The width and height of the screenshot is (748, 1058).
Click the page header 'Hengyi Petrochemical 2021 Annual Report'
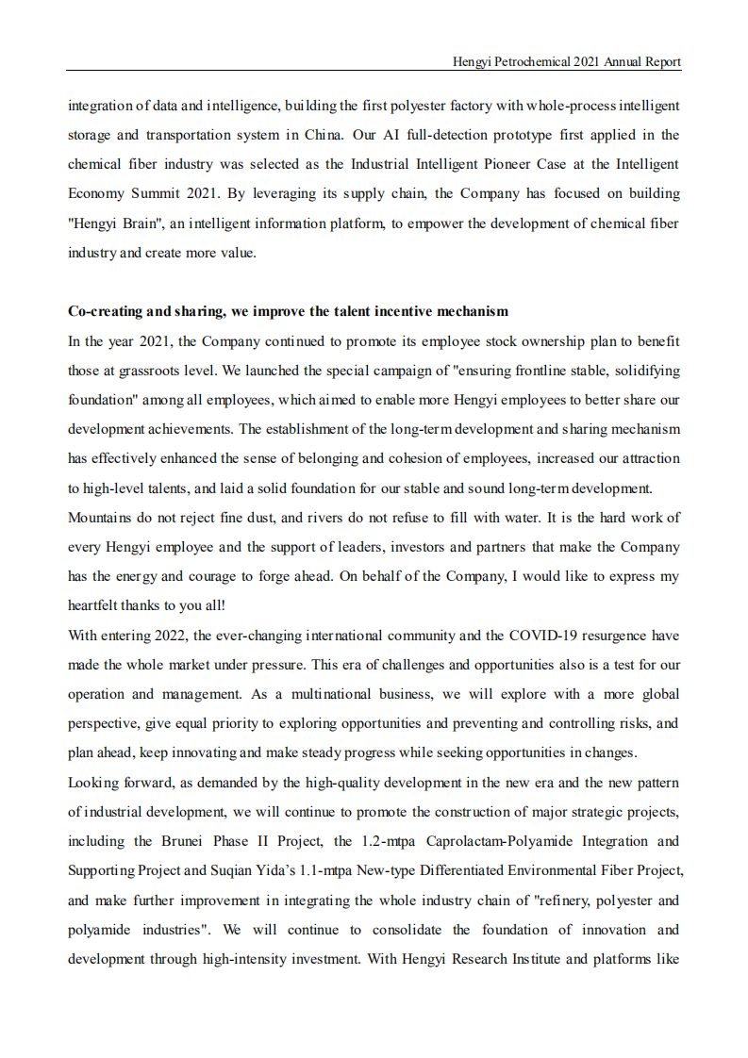[566, 61]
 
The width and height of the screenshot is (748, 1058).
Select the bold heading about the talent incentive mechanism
[288, 311]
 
